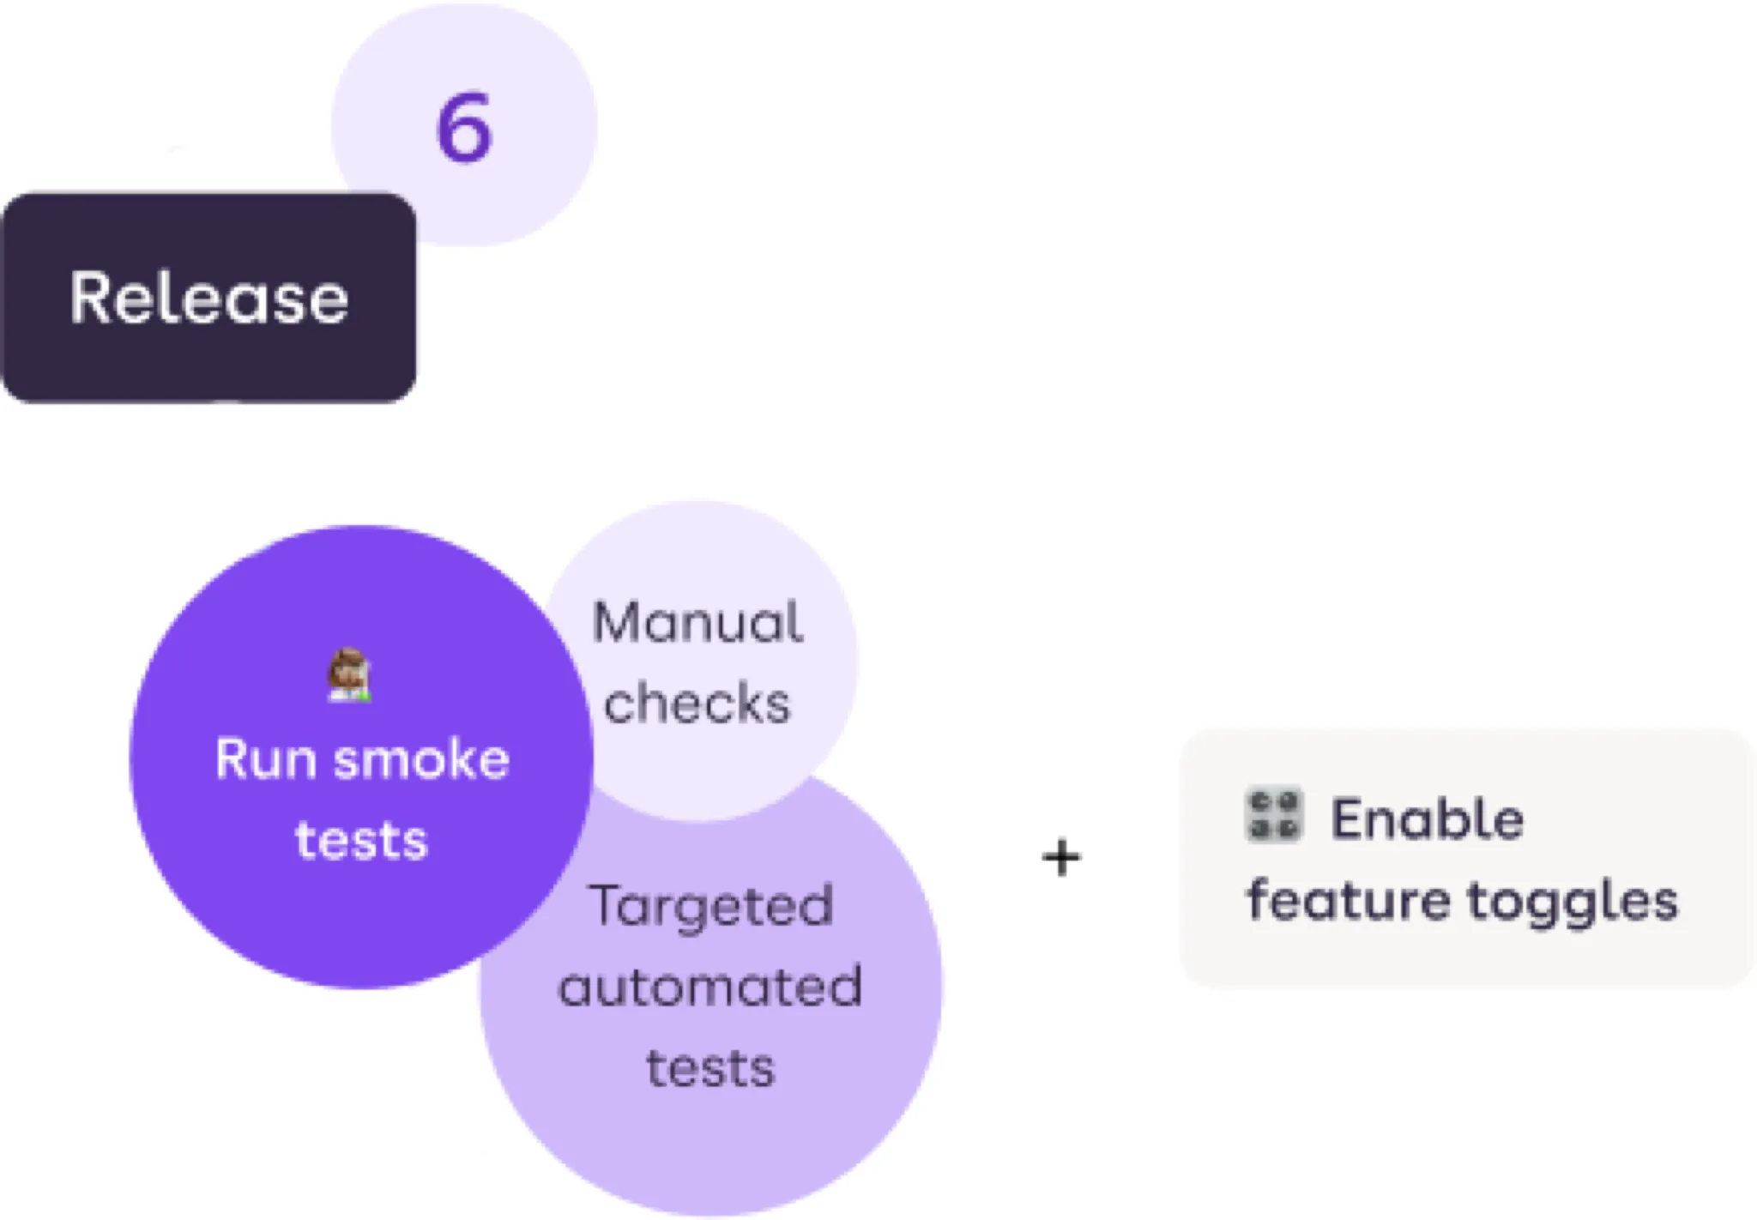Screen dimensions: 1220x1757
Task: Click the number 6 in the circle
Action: (x=464, y=128)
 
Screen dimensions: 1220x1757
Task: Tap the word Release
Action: (x=209, y=298)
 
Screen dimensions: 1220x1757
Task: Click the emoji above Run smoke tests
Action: (x=349, y=676)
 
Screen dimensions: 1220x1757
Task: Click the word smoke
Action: (x=422, y=759)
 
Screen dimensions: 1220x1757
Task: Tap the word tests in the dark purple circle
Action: (x=361, y=840)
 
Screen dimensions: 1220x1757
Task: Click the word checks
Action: (x=697, y=704)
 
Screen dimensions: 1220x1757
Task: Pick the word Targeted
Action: (x=710, y=906)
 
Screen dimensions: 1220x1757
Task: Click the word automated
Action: (x=710, y=987)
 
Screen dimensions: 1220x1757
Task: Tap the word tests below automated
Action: (x=710, y=1068)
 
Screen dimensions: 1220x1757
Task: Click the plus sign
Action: (x=1061, y=858)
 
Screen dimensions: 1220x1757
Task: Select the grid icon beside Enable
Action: (x=1273, y=815)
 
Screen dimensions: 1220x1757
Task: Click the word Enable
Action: (x=1428, y=818)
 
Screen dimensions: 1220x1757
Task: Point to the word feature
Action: (x=1349, y=900)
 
